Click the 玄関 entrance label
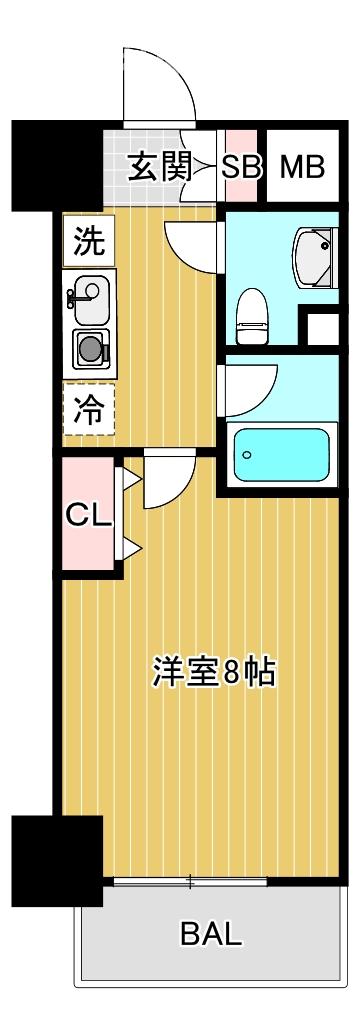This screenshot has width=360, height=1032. click(x=158, y=167)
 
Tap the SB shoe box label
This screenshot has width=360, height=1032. click(x=241, y=167)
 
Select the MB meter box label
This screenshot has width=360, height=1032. click(x=301, y=167)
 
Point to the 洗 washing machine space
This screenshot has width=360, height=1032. click(x=90, y=240)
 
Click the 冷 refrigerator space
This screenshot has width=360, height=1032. click(x=90, y=410)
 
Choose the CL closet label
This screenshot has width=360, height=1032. click(x=88, y=515)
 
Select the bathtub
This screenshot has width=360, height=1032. click(x=280, y=455)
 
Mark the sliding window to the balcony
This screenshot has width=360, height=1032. click(x=189, y=881)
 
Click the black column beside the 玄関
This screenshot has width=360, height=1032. click(x=55, y=165)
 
